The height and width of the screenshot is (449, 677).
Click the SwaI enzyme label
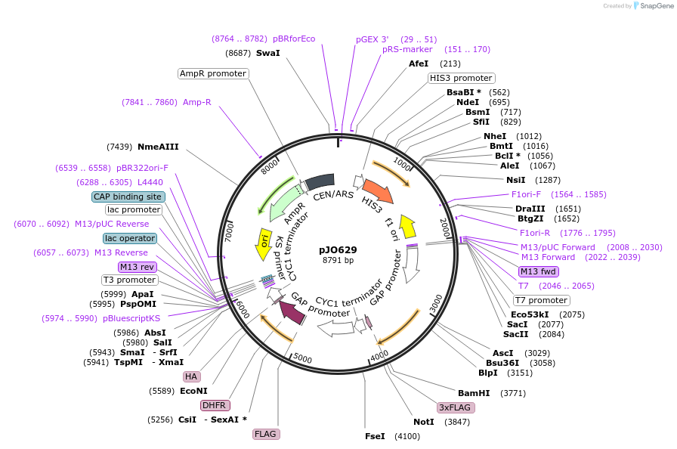267,53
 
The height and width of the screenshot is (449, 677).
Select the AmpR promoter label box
213,73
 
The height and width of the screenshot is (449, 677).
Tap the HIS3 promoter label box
461,78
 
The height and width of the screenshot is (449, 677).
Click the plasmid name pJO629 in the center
338,249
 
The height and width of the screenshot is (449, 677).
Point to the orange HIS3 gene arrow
378,191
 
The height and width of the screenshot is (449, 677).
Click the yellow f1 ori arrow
408,225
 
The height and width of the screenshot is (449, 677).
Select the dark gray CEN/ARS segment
320,181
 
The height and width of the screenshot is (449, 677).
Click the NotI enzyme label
424,422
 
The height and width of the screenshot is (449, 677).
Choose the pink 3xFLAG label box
456,407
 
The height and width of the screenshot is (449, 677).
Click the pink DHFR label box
215,405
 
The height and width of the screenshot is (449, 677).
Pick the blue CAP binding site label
128,197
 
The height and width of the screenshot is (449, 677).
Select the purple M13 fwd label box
538,271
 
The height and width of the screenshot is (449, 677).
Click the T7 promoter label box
542,300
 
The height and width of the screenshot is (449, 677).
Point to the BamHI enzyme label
474,393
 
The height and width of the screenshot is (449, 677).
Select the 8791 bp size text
338,261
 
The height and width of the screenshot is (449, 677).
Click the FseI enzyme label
375,436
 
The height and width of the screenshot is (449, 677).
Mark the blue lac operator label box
130,238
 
